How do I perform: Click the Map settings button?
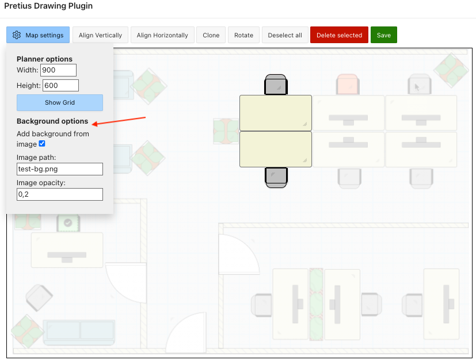click(38, 35)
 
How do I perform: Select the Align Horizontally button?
click(162, 35)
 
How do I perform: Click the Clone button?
click(211, 35)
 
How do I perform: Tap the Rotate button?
click(244, 35)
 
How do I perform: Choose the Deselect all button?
click(285, 35)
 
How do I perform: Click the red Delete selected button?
click(339, 35)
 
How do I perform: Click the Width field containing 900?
click(58, 70)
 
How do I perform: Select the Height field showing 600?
click(60, 86)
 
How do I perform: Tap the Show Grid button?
click(60, 102)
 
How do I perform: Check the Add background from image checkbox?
click(42, 144)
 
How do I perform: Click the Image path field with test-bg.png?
click(60, 169)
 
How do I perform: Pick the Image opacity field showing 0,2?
click(60, 194)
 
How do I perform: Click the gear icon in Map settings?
click(17, 35)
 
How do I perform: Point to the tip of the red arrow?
click(92, 124)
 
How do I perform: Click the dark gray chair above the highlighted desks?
click(276, 85)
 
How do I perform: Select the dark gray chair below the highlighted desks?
click(276, 178)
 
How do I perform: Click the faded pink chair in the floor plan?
click(348, 84)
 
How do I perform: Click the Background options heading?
click(52, 121)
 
